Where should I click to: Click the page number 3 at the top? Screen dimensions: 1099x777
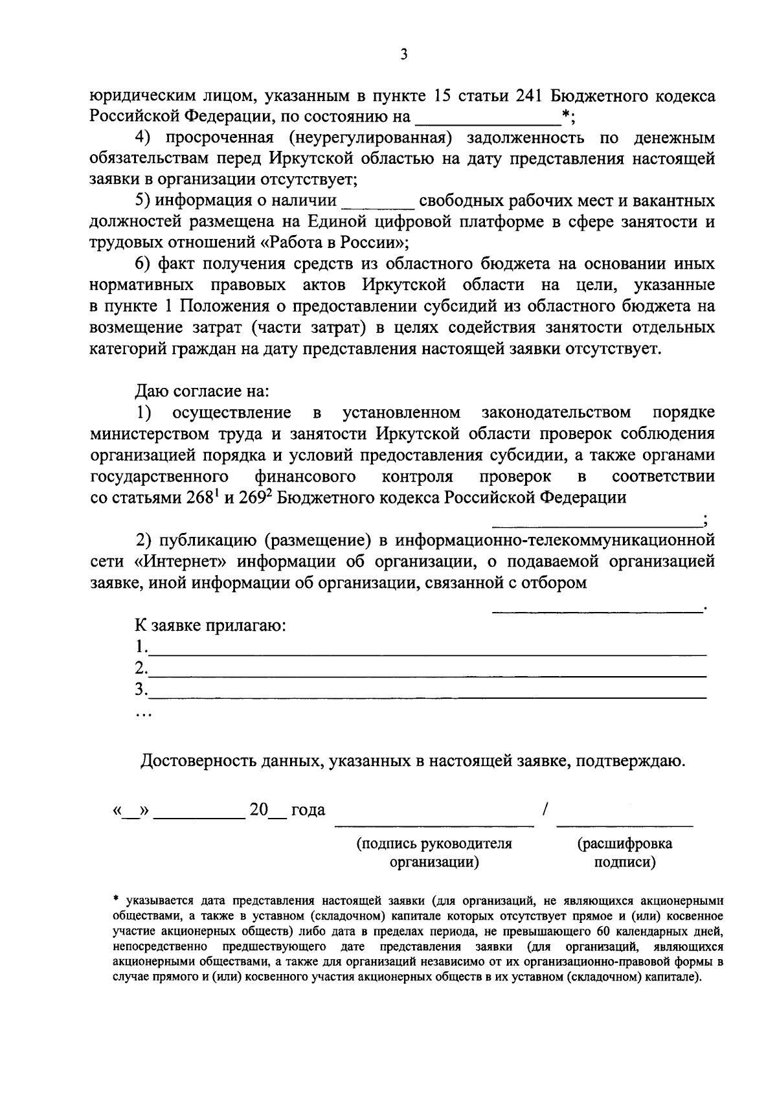403,55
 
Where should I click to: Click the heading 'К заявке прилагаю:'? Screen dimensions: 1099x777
210,626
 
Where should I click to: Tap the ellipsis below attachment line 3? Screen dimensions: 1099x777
143,715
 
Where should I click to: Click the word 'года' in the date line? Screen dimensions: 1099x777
308,810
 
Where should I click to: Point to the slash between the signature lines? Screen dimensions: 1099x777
545,809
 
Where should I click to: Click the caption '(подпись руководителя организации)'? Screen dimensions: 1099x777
434,853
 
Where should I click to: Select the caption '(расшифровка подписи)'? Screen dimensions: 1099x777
625,853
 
